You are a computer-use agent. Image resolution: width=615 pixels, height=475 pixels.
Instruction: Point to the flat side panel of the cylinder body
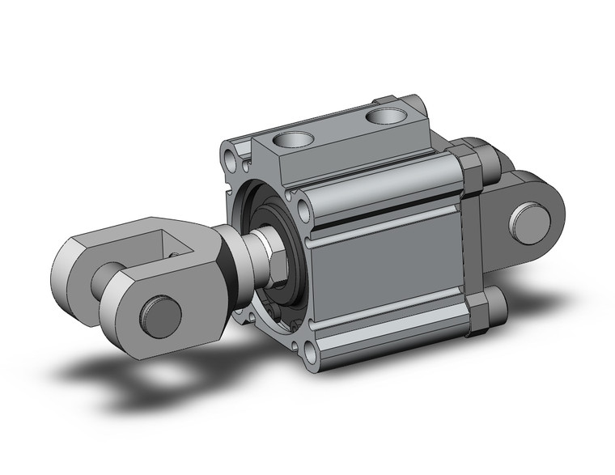388,275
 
